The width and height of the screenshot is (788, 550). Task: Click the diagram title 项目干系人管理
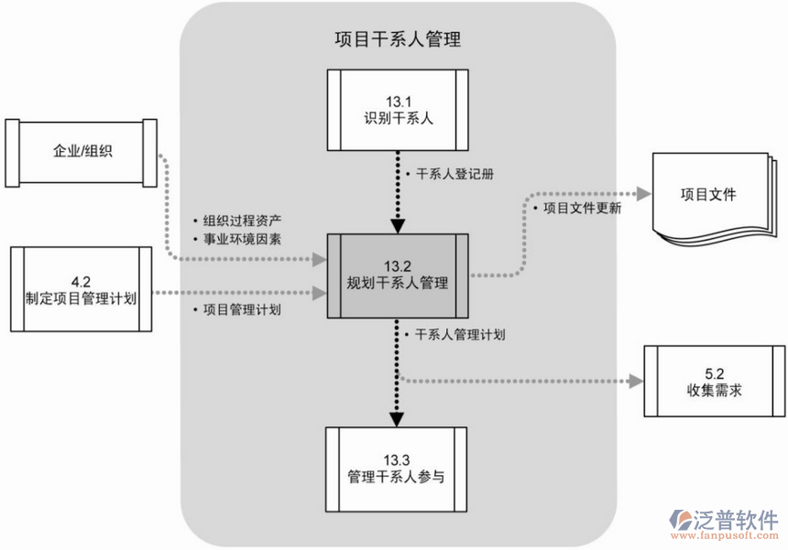click(x=398, y=39)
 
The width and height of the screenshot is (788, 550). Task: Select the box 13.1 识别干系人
click(x=398, y=109)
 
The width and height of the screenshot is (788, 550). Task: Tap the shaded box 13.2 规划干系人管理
click(x=398, y=275)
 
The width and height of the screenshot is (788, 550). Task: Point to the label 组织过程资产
click(x=243, y=221)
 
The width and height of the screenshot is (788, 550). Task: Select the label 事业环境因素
click(x=243, y=239)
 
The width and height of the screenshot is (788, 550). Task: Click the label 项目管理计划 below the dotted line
click(x=243, y=310)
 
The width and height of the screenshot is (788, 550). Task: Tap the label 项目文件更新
click(x=582, y=208)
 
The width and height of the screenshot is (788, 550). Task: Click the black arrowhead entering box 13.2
click(x=398, y=226)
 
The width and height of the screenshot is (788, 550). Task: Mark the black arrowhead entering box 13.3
click(x=398, y=420)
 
